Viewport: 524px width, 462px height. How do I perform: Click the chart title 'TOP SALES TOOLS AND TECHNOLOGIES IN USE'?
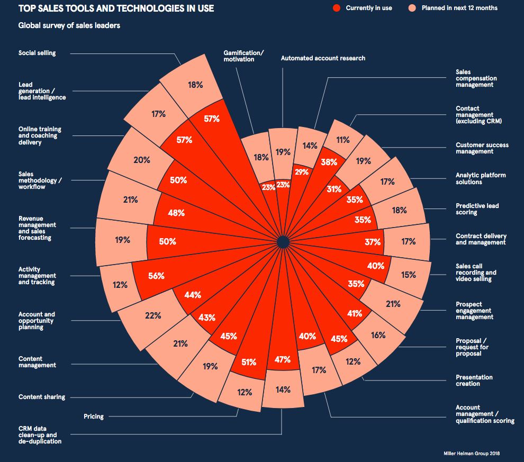tap(116, 8)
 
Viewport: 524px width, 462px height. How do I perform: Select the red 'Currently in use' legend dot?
tap(336, 8)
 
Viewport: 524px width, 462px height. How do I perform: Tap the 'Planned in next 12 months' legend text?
tap(459, 8)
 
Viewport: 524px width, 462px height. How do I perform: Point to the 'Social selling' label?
tap(37, 53)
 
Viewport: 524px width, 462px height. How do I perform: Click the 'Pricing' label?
tap(94, 416)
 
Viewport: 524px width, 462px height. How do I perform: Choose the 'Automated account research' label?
tap(323, 58)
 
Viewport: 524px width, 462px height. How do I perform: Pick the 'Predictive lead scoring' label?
tap(477, 209)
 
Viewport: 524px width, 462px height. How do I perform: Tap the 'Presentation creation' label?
tap(474, 381)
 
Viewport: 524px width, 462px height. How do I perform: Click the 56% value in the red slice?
tap(157, 276)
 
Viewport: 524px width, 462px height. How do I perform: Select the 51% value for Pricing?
tap(249, 363)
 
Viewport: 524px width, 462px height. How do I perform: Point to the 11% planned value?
tap(343, 140)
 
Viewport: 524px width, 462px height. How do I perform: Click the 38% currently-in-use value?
tap(329, 162)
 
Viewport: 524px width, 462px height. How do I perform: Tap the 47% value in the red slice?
tap(283, 360)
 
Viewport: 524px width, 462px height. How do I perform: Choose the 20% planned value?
tap(142, 160)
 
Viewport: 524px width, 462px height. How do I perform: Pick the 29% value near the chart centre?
tap(302, 173)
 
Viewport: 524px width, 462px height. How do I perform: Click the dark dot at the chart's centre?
tap(283, 242)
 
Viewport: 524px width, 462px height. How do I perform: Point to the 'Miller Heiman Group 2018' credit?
tap(471, 454)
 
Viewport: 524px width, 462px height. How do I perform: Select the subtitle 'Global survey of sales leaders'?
tap(69, 25)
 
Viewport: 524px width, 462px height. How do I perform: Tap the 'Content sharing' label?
tap(42, 397)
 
